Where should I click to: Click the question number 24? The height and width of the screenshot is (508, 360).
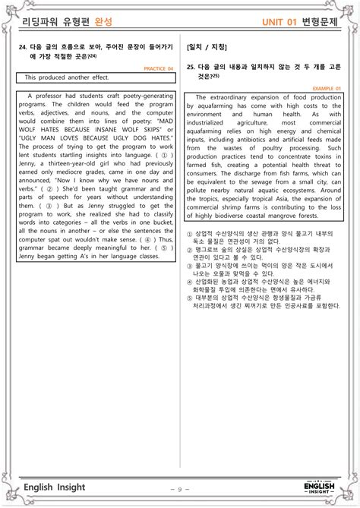point(23,46)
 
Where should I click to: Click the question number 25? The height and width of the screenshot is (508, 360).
point(191,67)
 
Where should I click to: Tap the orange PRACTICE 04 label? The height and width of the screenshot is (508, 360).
point(159,68)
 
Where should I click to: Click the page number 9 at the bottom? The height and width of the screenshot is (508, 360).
point(179,490)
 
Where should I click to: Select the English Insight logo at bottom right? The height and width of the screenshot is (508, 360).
point(320,487)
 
